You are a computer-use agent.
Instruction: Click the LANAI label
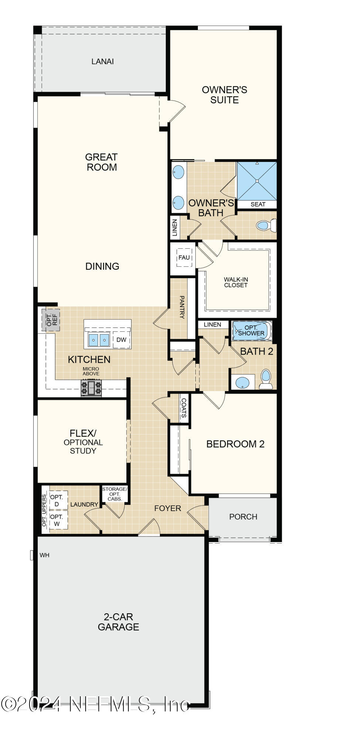(x=102, y=62)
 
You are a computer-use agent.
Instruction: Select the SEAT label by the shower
(x=258, y=204)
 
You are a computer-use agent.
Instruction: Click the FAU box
(x=184, y=258)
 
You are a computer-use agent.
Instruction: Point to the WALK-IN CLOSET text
(x=236, y=282)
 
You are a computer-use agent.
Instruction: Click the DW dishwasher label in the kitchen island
(x=121, y=340)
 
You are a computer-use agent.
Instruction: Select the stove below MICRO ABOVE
(x=91, y=389)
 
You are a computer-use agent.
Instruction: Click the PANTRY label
(x=182, y=307)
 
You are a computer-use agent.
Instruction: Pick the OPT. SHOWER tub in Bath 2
(x=251, y=330)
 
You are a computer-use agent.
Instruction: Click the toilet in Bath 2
(x=265, y=379)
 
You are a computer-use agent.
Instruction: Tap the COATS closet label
(x=184, y=408)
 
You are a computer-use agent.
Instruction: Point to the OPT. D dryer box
(x=57, y=501)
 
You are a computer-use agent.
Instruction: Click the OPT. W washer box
(x=57, y=520)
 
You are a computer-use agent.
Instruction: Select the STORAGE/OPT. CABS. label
(x=115, y=494)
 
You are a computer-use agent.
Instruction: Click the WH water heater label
(x=44, y=555)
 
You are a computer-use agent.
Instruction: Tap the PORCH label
(x=243, y=517)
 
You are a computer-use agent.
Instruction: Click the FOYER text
(x=168, y=508)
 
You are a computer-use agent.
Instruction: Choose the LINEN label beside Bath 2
(x=212, y=324)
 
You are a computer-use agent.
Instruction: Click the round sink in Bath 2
(x=242, y=382)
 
